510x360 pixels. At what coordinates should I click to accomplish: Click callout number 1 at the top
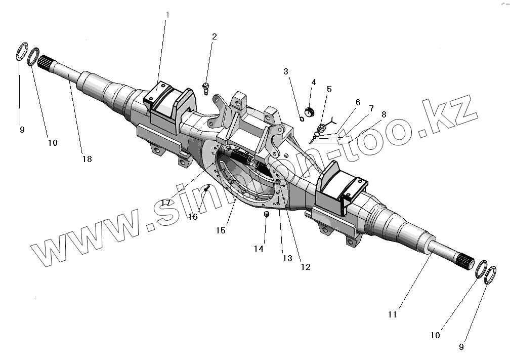(167, 15)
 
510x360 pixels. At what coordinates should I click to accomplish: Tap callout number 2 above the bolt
(215, 36)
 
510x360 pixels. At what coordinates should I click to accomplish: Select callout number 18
(87, 159)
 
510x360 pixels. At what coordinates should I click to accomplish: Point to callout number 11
(393, 314)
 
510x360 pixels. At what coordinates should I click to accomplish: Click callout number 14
(259, 249)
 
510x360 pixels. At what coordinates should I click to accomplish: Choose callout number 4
(314, 82)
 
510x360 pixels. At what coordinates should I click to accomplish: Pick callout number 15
(220, 230)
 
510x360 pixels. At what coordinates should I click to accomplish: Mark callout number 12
(305, 267)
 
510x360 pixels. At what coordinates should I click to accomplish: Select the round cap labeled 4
(310, 111)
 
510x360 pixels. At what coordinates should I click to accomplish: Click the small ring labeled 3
(301, 119)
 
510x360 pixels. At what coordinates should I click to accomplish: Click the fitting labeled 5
(322, 127)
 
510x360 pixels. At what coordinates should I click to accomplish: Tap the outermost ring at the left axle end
(22, 52)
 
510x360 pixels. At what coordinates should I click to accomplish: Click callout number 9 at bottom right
(461, 347)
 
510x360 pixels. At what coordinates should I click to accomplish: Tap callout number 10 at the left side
(53, 143)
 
